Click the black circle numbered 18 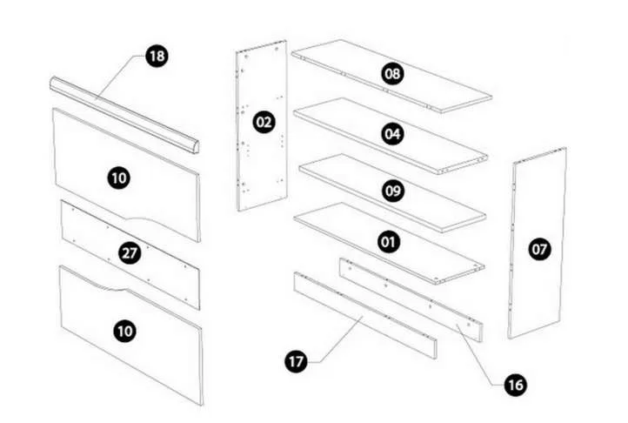[157, 56]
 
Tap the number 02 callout [264, 122]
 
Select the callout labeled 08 [392, 74]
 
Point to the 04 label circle [392, 133]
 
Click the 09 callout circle [393, 191]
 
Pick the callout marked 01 [389, 242]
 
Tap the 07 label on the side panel [539, 250]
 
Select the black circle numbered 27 [130, 253]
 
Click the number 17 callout [296, 362]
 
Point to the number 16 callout [516, 385]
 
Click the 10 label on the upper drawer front [119, 178]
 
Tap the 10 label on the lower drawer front [124, 331]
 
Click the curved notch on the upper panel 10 [148, 219]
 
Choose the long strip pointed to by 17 [365, 316]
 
